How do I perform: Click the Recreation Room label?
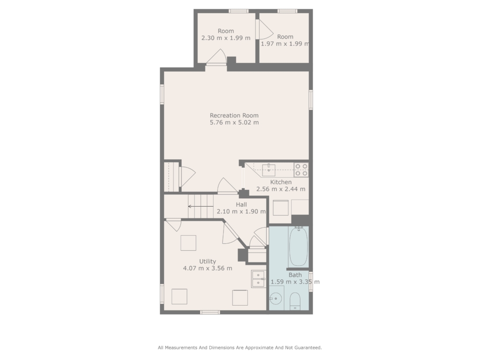coord(234,115)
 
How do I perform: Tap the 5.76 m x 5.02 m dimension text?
coord(234,122)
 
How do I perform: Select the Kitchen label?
coord(281,182)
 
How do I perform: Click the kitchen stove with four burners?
coord(301,170)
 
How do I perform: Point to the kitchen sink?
coord(269,170)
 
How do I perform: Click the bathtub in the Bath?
coord(299,247)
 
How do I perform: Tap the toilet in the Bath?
coord(295,301)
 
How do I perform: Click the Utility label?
coord(208,262)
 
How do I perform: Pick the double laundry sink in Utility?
coord(258,279)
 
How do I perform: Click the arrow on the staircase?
coord(201,207)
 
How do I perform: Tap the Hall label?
coord(241,204)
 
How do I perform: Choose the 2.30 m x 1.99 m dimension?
coord(226,38)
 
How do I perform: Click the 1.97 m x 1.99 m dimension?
coord(285,44)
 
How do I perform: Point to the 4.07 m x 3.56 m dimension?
coord(208,269)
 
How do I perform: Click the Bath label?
coord(295,275)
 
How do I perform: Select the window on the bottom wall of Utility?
coord(210,312)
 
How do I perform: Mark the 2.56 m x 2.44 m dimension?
coord(281,189)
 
